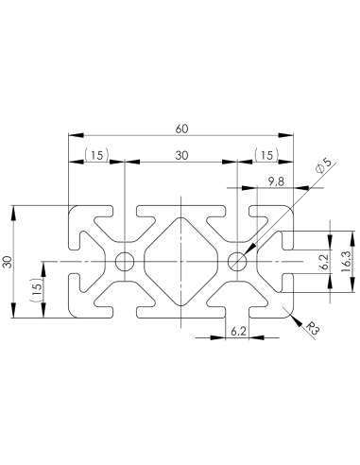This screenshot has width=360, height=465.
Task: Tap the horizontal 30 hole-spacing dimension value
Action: (x=180, y=155)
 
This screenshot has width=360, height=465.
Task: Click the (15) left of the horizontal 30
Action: (x=96, y=155)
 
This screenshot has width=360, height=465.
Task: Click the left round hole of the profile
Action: (x=124, y=261)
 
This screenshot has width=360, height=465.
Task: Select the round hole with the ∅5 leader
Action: (x=235, y=261)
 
